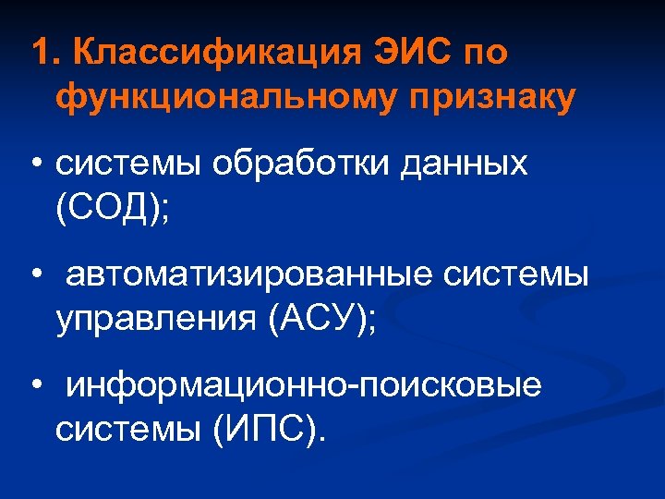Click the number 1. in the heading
coord(43,53)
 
